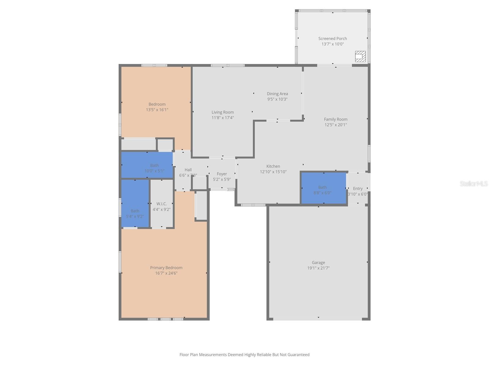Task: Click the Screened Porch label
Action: [333, 39]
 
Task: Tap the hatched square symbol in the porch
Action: [360, 56]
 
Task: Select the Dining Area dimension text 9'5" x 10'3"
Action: [277, 99]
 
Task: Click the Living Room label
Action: [222, 112]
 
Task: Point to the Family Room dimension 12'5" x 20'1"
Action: [336, 125]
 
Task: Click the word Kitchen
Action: [273, 166]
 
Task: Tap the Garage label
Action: [318, 262]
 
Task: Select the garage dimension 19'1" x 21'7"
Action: [318, 268]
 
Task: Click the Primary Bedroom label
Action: [166, 268]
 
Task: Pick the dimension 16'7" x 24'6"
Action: [166, 273]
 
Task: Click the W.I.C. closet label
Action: [161, 204]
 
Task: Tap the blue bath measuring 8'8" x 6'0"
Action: [323, 188]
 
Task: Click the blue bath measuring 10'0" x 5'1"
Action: [147, 165]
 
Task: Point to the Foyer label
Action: [222, 174]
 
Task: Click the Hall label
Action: [188, 170]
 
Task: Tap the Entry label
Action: [358, 188]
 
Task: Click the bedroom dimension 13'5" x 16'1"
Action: [157, 110]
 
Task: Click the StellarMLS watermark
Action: [474, 183]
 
